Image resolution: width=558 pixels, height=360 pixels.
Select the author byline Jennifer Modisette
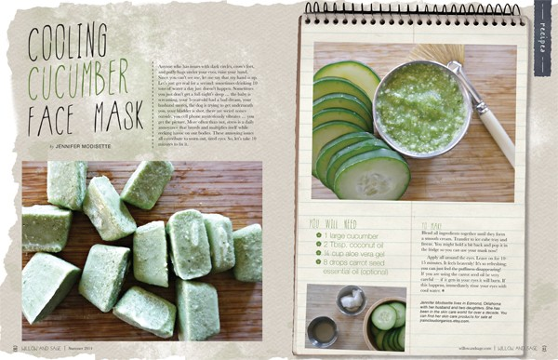98,146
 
